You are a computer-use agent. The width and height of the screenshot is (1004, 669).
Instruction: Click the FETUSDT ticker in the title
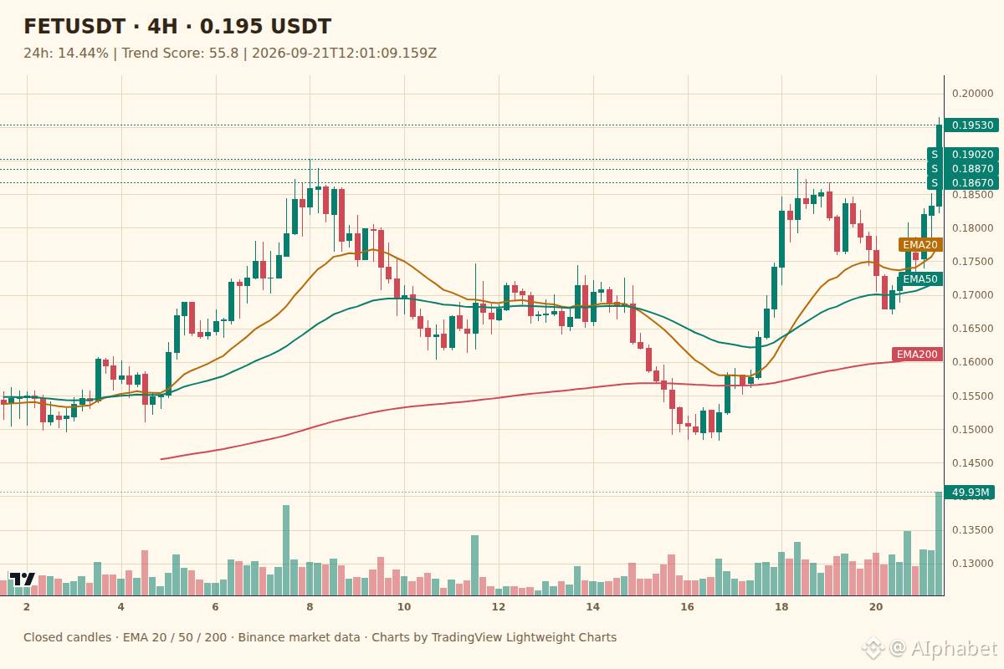tap(74, 27)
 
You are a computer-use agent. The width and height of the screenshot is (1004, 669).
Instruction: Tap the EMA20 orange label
tap(920, 245)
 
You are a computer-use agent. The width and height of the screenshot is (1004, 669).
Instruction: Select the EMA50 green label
tap(920, 279)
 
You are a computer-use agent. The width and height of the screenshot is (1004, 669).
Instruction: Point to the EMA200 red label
tap(917, 355)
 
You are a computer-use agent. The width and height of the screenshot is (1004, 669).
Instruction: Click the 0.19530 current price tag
tap(971, 125)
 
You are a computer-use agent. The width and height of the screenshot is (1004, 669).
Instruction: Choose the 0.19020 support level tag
tap(971, 155)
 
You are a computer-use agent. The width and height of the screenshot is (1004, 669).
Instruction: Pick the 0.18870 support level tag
tap(971, 169)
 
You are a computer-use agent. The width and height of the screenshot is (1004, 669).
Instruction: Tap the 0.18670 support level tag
tap(971, 183)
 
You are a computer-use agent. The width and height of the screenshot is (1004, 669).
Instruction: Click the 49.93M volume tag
tap(971, 493)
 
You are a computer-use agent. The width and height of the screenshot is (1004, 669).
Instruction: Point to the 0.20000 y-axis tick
tap(972, 93)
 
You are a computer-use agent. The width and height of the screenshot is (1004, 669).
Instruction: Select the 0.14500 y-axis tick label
tap(972, 463)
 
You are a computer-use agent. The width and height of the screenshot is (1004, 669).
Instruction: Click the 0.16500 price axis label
tap(972, 329)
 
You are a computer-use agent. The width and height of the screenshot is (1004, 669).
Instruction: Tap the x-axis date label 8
tap(310, 607)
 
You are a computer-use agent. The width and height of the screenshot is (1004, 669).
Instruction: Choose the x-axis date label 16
tap(687, 607)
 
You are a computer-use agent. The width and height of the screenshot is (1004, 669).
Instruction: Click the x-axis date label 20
tap(876, 607)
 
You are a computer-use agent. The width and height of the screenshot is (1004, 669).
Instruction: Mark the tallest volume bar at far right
tap(939, 544)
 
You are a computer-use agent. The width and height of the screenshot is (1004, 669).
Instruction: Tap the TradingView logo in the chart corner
tap(22, 579)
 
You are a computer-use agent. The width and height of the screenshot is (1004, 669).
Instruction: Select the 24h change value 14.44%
tap(83, 54)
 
